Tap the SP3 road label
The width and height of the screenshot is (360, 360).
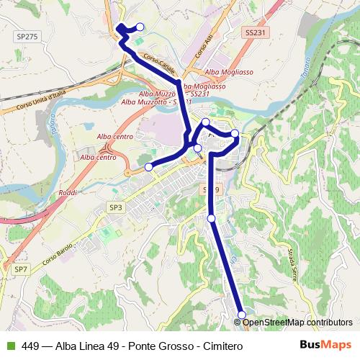[x=117, y=207]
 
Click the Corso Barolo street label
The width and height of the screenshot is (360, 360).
[x=59, y=256]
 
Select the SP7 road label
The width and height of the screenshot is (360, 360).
[x=20, y=268]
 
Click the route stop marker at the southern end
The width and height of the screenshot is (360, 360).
[x=242, y=315]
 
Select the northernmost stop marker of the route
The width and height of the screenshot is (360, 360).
[x=140, y=27]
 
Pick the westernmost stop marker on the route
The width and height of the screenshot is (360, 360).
[x=149, y=167]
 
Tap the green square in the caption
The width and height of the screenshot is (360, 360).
[x=9, y=346]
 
